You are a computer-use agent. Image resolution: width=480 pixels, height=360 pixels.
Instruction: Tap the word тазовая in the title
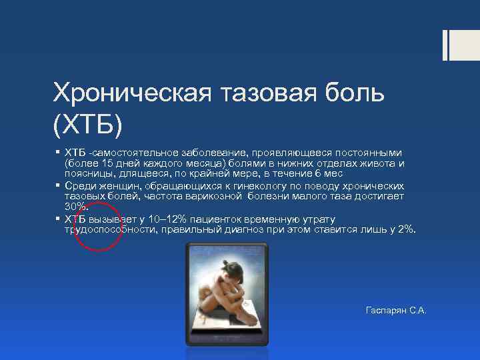(x=255, y=94)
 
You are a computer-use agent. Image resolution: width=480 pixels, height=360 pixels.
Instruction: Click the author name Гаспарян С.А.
(x=395, y=311)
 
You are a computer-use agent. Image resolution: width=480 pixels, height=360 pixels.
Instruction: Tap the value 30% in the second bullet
(x=76, y=207)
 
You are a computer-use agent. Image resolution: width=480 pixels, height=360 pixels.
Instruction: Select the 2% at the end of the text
(x=405, y=230)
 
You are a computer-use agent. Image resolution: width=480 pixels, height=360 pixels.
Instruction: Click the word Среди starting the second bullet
(x=79, y=185)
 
